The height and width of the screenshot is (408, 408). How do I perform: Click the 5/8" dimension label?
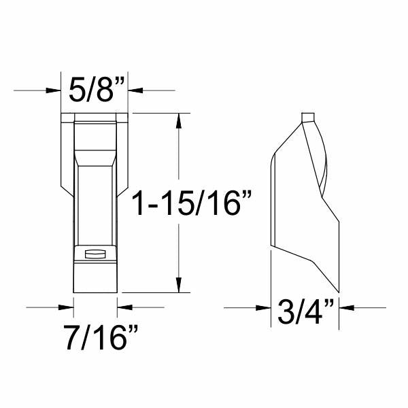97,89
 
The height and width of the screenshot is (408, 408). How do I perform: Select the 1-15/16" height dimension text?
192,203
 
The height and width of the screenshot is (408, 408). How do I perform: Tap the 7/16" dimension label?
101,337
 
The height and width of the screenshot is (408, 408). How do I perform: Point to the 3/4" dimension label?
305,311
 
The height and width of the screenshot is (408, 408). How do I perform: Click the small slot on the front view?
95,254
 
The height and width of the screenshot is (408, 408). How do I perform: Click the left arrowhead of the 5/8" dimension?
53,90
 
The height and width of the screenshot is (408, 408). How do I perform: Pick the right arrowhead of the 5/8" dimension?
135,90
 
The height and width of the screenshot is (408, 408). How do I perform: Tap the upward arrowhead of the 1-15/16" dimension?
178,121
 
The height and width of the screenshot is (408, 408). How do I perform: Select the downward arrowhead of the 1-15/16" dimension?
178,285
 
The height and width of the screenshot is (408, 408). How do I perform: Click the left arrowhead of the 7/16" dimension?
66,307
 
